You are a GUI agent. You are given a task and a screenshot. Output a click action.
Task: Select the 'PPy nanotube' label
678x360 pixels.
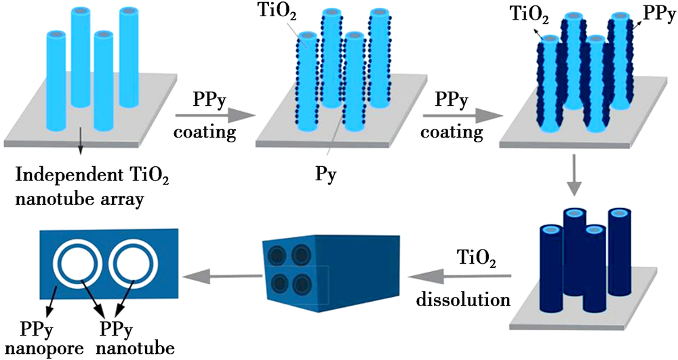coord(129,338)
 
